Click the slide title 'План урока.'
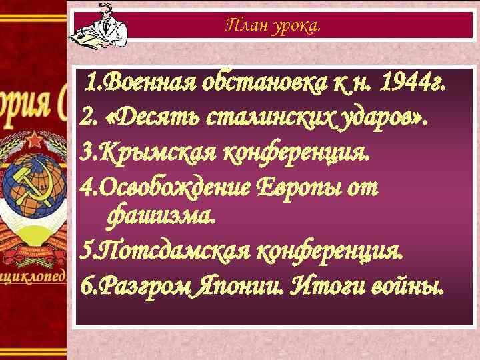pos(273,26)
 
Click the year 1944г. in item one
pos(411,84)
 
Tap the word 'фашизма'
pos(160,215)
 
